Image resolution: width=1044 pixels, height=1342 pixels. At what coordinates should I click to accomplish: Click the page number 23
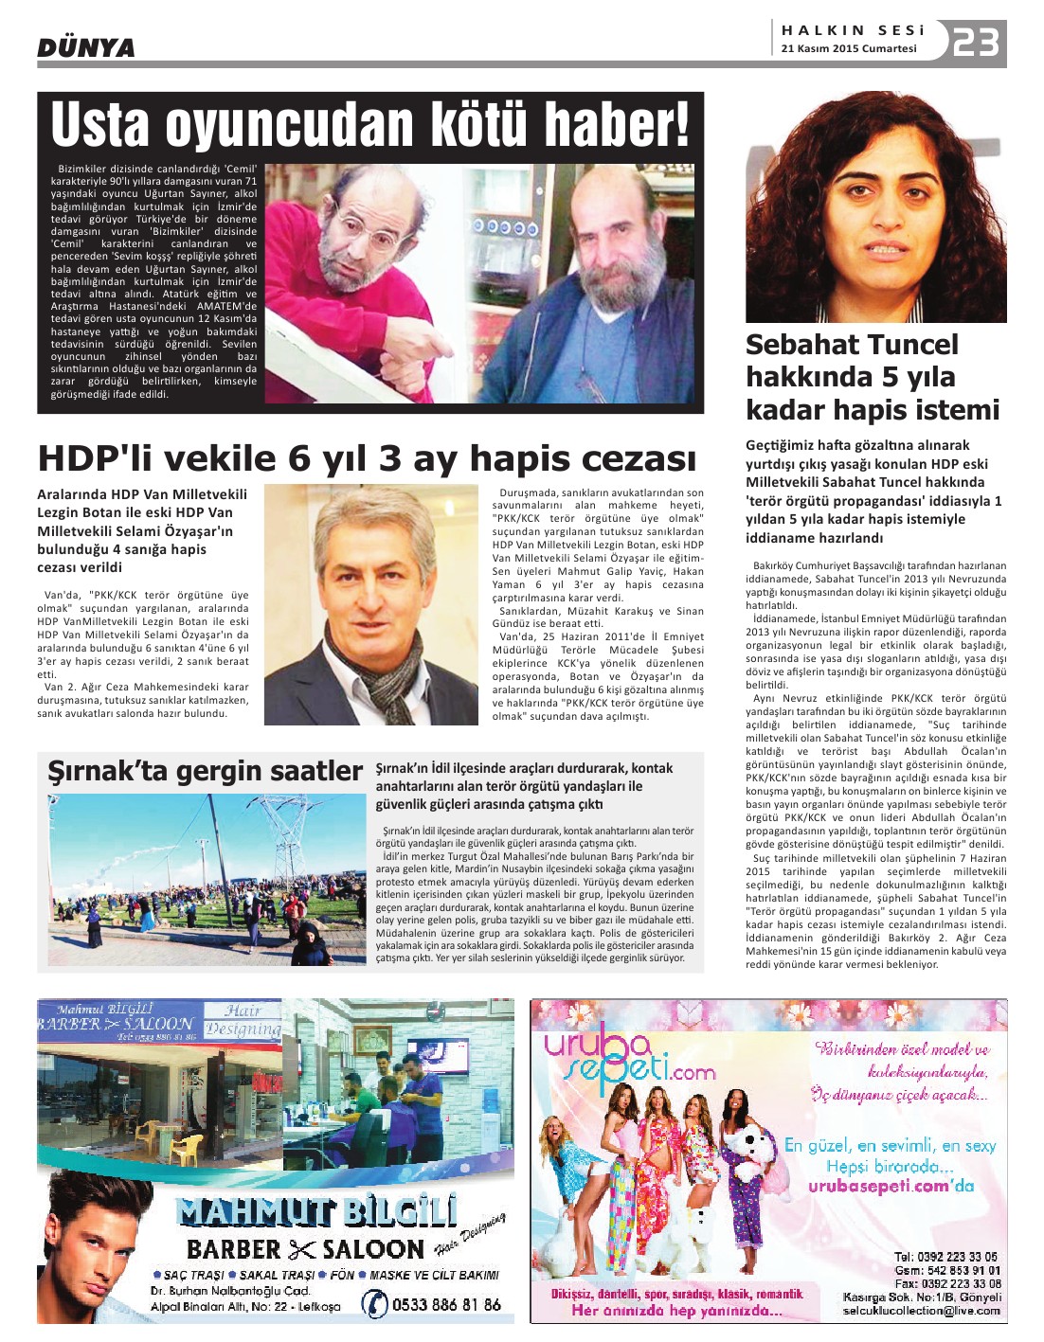tap(976, 43)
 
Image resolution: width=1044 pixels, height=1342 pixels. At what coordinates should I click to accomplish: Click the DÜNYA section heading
tap(86, 47)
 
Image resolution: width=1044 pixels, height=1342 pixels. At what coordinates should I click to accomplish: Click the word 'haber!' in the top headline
tap(606, 125)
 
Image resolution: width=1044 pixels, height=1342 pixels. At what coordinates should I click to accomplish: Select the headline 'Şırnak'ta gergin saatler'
tap(206, 772)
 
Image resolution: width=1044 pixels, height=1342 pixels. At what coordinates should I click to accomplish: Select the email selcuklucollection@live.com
tap(921, 1311)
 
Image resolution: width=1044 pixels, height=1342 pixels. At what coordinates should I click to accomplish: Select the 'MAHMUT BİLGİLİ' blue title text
tap(316, 1211)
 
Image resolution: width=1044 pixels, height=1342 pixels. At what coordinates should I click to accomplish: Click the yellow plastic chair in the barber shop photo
tap(185, 1149)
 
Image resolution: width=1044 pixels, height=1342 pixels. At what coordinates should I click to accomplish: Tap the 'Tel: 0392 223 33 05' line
tap(945, 1258)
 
